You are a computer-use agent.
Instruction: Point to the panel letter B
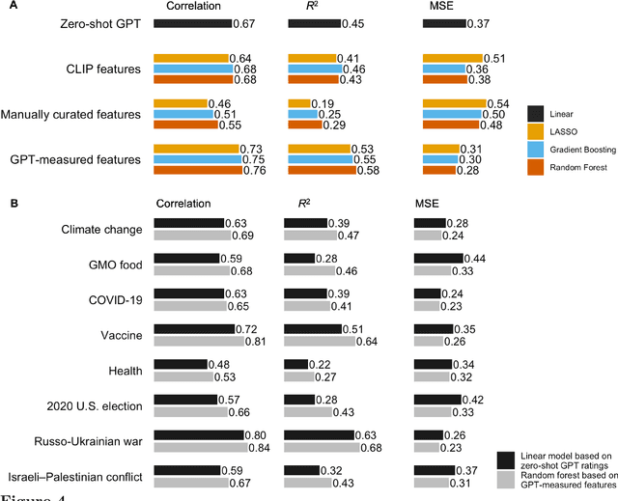click(x=10, y=204)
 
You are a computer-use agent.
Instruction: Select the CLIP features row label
click(x=103, y=69)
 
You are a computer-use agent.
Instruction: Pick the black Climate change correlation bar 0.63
click(x=189, y=223)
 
